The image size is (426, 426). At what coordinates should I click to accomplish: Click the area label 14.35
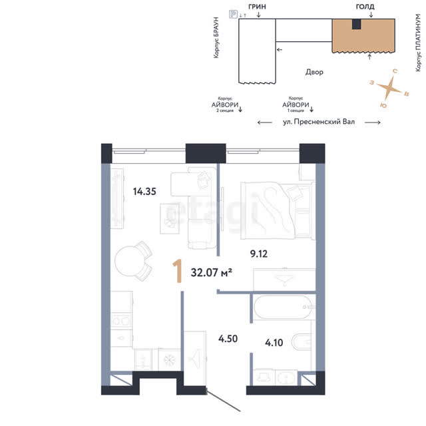144,192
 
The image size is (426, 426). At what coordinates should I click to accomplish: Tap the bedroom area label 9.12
259,254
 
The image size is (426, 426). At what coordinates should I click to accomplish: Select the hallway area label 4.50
228,339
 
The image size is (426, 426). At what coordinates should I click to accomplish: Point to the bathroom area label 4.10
274,343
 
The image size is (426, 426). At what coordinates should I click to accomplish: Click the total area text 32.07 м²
212,272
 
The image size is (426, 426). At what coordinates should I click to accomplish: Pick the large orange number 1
177,271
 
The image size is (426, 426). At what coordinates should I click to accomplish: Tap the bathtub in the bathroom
283,307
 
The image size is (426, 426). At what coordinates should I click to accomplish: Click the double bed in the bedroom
278,210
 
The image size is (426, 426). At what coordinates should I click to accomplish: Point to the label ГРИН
257,6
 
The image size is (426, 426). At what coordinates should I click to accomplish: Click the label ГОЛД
365,6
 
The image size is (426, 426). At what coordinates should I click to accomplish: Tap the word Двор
314,72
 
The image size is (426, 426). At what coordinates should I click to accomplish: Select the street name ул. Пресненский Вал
319,122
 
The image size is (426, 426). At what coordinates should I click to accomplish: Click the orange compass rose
389,87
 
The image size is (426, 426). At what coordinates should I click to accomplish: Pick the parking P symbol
233,14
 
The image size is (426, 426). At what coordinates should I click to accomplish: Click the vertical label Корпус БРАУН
216,37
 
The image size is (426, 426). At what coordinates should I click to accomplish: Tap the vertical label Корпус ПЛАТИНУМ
419,43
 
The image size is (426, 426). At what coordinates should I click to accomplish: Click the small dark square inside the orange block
357,24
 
